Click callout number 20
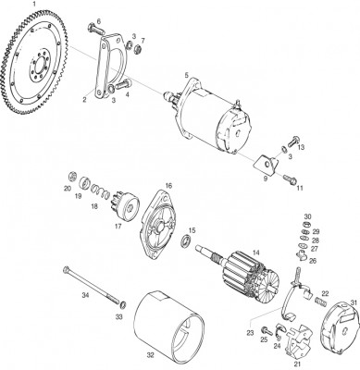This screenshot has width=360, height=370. coord(68,189)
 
